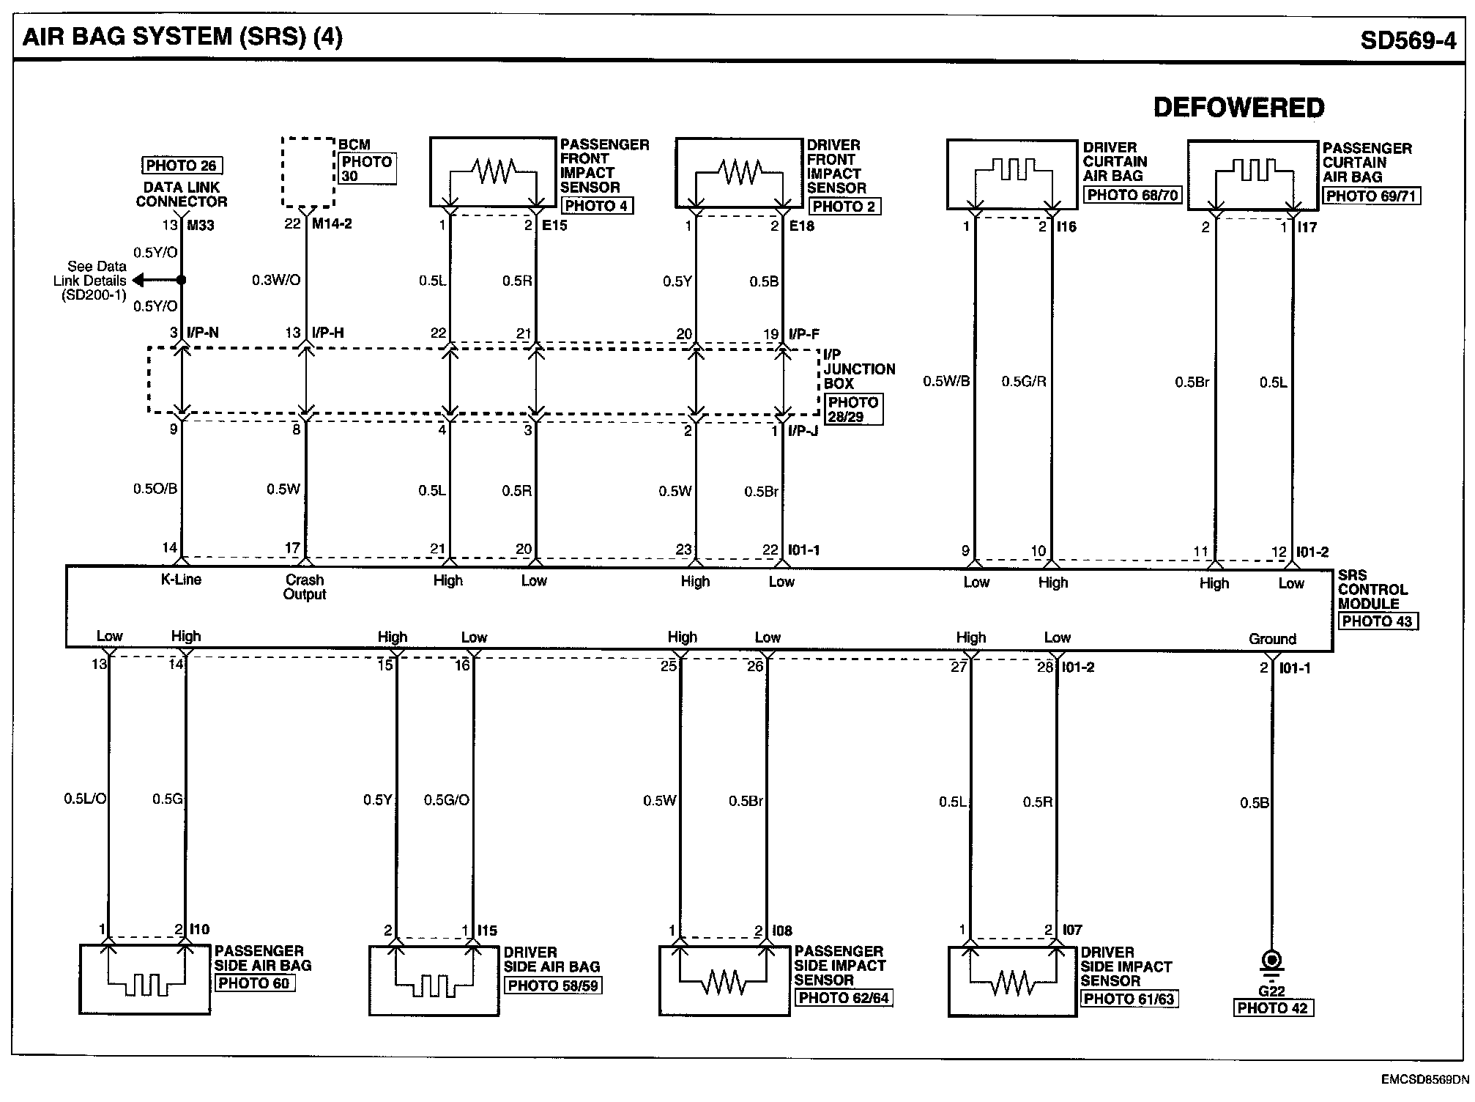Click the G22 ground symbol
[1272, 961]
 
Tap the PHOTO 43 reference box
[1378, 621]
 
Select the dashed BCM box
[308, 172]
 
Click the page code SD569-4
[1408, 40]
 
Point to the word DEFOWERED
[1238, 108]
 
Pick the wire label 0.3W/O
[276, 280]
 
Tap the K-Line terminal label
[181, 580]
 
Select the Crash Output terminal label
[305, 587]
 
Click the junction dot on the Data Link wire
[181, 280]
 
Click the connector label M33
[200, 225]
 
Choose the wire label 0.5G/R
[1024, 381]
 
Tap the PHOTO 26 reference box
[181, 166]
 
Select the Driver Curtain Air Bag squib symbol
[1014, 170]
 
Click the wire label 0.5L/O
[85, 799]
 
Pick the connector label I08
[782, 931]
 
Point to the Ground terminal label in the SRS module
[1272, 639]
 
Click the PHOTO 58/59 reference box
[553, 985]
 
